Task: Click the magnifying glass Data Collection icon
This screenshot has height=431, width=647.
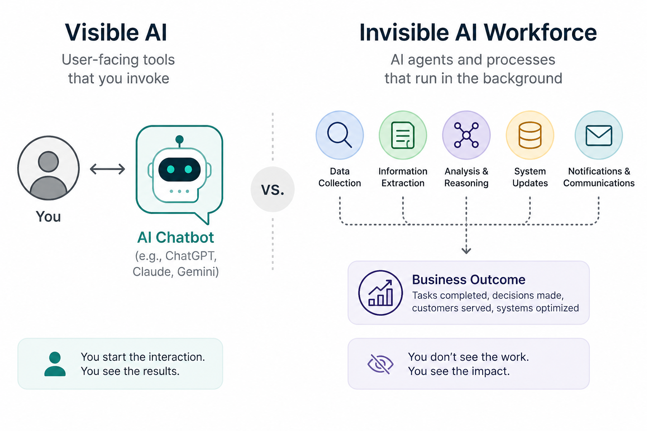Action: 340,135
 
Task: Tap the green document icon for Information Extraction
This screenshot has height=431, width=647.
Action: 403,135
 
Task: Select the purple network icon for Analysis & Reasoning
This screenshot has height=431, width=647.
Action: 466,135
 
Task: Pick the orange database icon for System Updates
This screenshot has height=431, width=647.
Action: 530,135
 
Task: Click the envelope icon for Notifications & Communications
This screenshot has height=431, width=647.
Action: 599,135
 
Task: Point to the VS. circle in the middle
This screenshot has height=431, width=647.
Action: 273,189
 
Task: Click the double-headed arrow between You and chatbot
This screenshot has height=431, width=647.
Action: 107,169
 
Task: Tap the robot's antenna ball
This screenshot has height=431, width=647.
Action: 179,139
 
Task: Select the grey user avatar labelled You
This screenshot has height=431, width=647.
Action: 48,168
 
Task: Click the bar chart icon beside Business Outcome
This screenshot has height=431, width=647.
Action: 380,293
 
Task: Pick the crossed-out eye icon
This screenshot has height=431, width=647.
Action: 380,364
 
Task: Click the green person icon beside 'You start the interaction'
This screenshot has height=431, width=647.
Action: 55,364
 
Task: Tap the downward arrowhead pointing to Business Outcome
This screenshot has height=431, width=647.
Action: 466,250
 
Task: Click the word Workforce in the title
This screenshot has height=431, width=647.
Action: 540,32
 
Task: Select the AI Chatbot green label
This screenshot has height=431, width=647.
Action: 176,237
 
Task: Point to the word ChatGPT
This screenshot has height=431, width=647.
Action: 191,256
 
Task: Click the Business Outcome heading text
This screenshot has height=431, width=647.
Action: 468,279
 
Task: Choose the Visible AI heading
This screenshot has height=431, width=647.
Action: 116,32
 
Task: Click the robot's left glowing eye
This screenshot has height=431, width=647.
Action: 171,169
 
